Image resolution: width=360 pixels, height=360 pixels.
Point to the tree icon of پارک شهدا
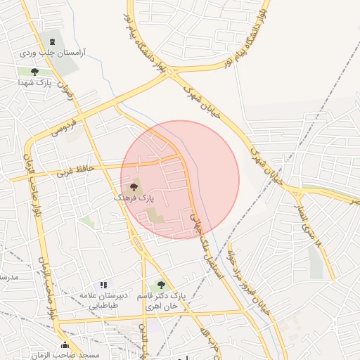[x=35, y=72]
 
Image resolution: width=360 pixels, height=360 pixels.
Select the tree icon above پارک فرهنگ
[x=134, y=187]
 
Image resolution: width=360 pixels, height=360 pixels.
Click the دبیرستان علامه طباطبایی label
[x=103, y=300]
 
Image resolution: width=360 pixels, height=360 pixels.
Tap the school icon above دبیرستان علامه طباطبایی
[x=103, y=285]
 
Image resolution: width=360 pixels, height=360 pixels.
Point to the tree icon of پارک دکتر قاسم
[x=161, y=285]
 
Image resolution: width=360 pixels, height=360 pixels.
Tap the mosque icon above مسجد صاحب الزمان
[x=65, y=345]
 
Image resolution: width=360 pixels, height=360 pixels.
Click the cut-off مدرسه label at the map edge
[x=7, y=277]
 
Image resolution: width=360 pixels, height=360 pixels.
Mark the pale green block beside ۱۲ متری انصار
[x=316, y=261]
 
